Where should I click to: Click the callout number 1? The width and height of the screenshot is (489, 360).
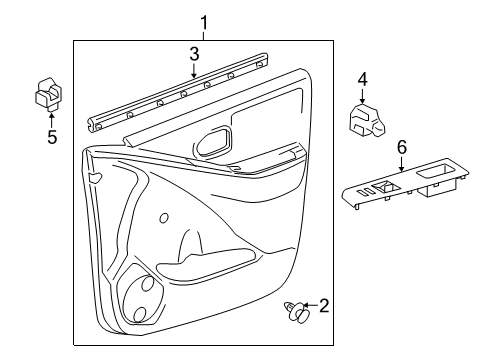pyautogui.click(x=204, y=22)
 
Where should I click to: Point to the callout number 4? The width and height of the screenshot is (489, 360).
pyautogui.click(x=363, y=78)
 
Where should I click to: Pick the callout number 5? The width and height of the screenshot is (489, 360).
pyautogui.click(x=51, y=136)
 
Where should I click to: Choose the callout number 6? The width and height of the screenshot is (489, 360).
pyautogui.click(x=401, y=146)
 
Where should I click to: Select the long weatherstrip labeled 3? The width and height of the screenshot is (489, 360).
pyautogui.click(x=180, y=96)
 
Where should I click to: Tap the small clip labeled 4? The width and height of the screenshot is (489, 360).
pyautogui.click(x=364, y=118)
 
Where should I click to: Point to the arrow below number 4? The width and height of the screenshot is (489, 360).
pyautogui.click(x=363, y=95)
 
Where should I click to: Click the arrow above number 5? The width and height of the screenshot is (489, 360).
pyautogui.click(x=51, y=118)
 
